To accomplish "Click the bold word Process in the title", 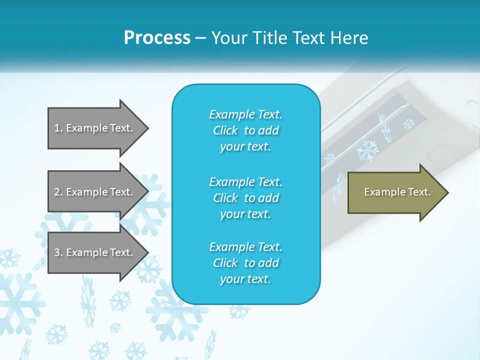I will (157, 38).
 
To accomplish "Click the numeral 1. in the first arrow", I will (58, 128).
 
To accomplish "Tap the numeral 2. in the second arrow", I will (58, 192).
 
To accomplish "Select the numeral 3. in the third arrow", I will (58, 252).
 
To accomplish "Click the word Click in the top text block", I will (225, 130).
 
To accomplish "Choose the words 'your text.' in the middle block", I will (245, 214).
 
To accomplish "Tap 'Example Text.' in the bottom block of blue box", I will (245, 247).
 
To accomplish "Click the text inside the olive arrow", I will (397, 192).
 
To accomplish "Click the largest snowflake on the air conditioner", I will (367, 150).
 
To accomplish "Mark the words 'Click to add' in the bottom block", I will (245, 263).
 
